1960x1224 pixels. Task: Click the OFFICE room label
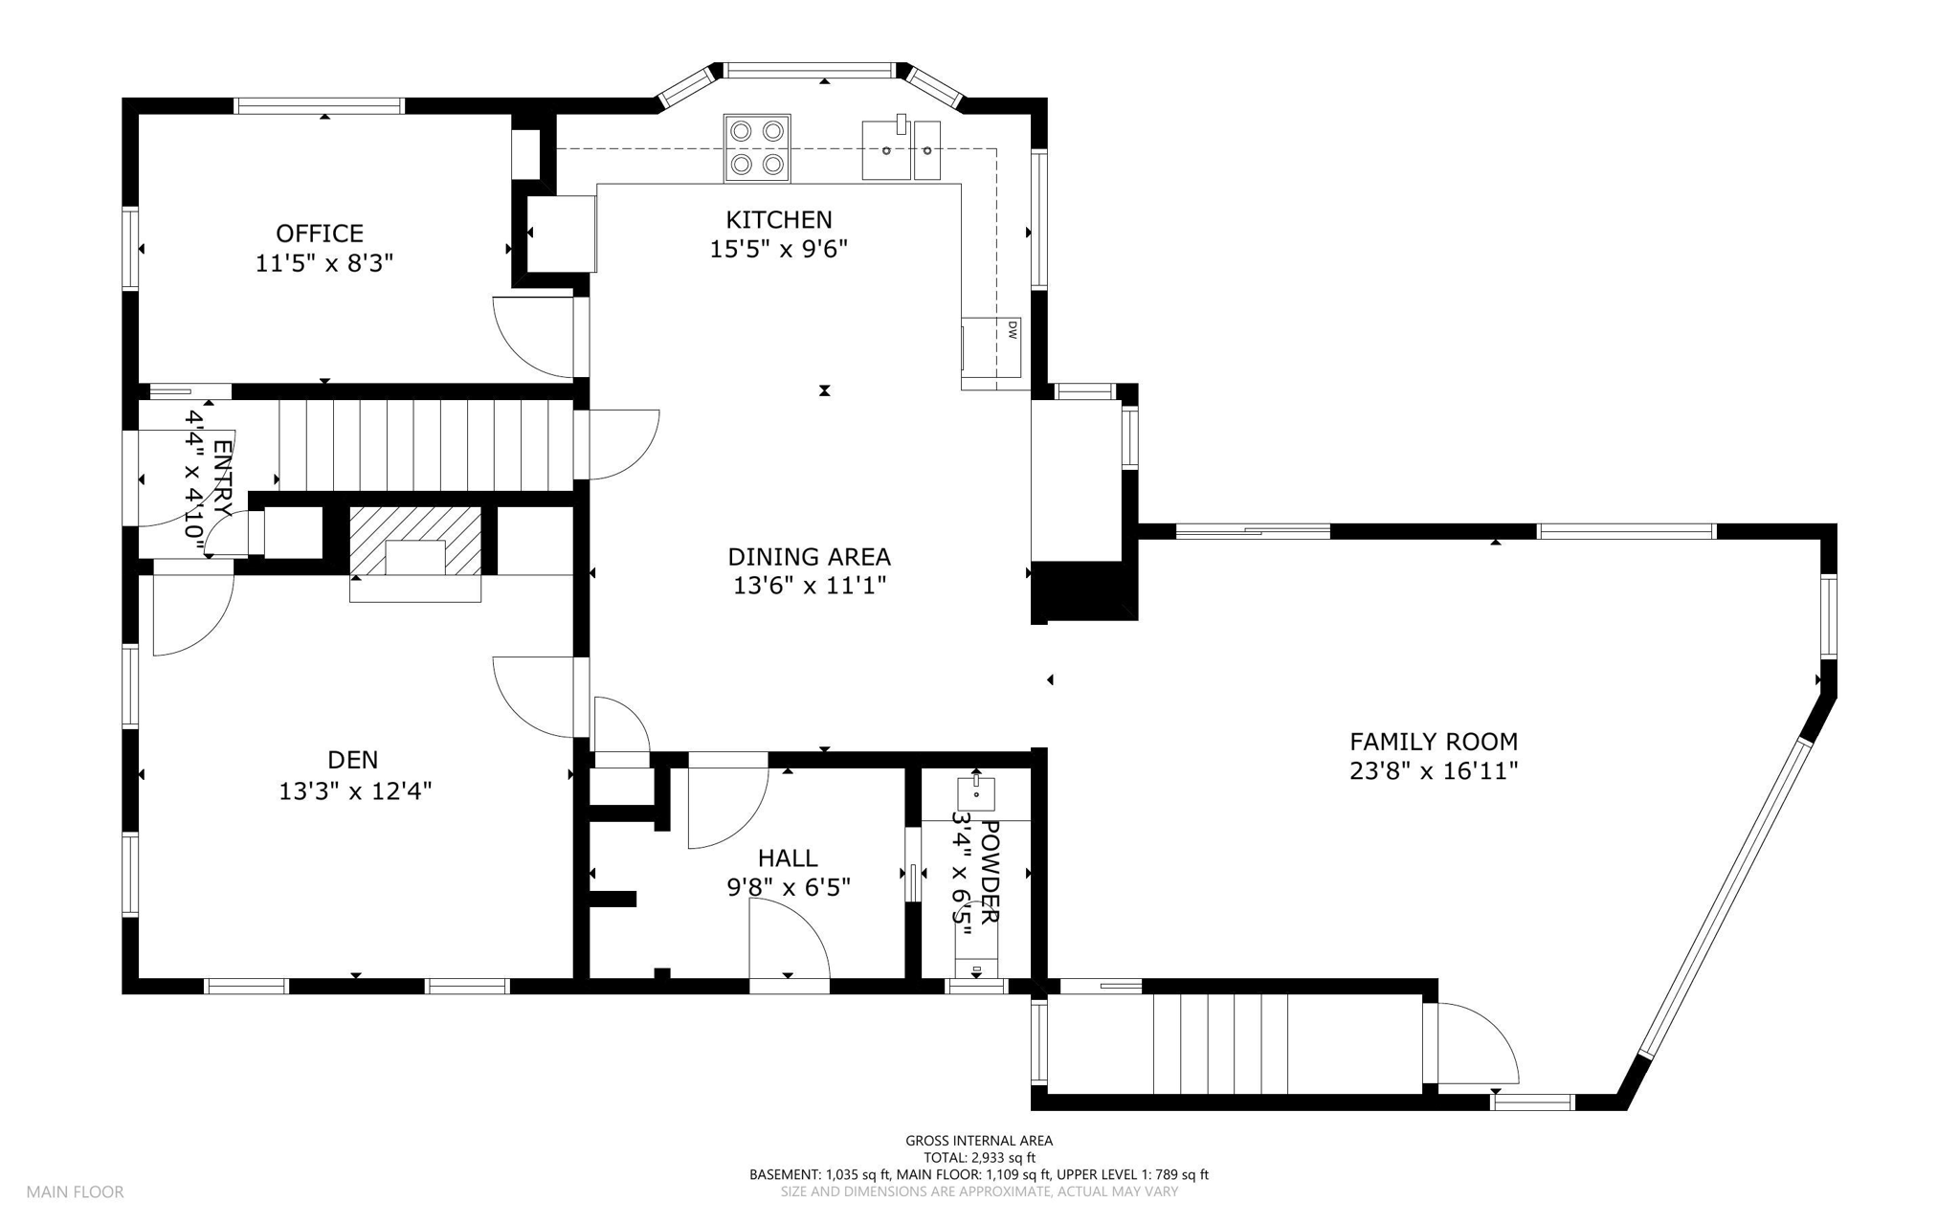320,234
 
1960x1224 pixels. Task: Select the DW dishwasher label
1011,330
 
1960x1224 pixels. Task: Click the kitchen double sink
901,150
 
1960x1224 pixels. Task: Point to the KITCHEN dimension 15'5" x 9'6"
778,250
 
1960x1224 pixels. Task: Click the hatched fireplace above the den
415,541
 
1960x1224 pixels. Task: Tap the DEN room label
352,760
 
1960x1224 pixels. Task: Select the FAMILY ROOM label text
1433,742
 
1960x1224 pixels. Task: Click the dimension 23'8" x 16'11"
1433,771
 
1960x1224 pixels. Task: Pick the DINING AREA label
809,557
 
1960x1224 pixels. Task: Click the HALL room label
788,858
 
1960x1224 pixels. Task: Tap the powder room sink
976,793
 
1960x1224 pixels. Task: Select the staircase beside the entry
425,446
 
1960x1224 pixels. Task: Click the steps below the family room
1220,1044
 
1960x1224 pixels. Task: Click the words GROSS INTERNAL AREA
979,1141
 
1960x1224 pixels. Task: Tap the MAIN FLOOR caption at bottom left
75,1192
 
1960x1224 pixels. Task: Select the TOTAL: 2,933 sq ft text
979,1158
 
